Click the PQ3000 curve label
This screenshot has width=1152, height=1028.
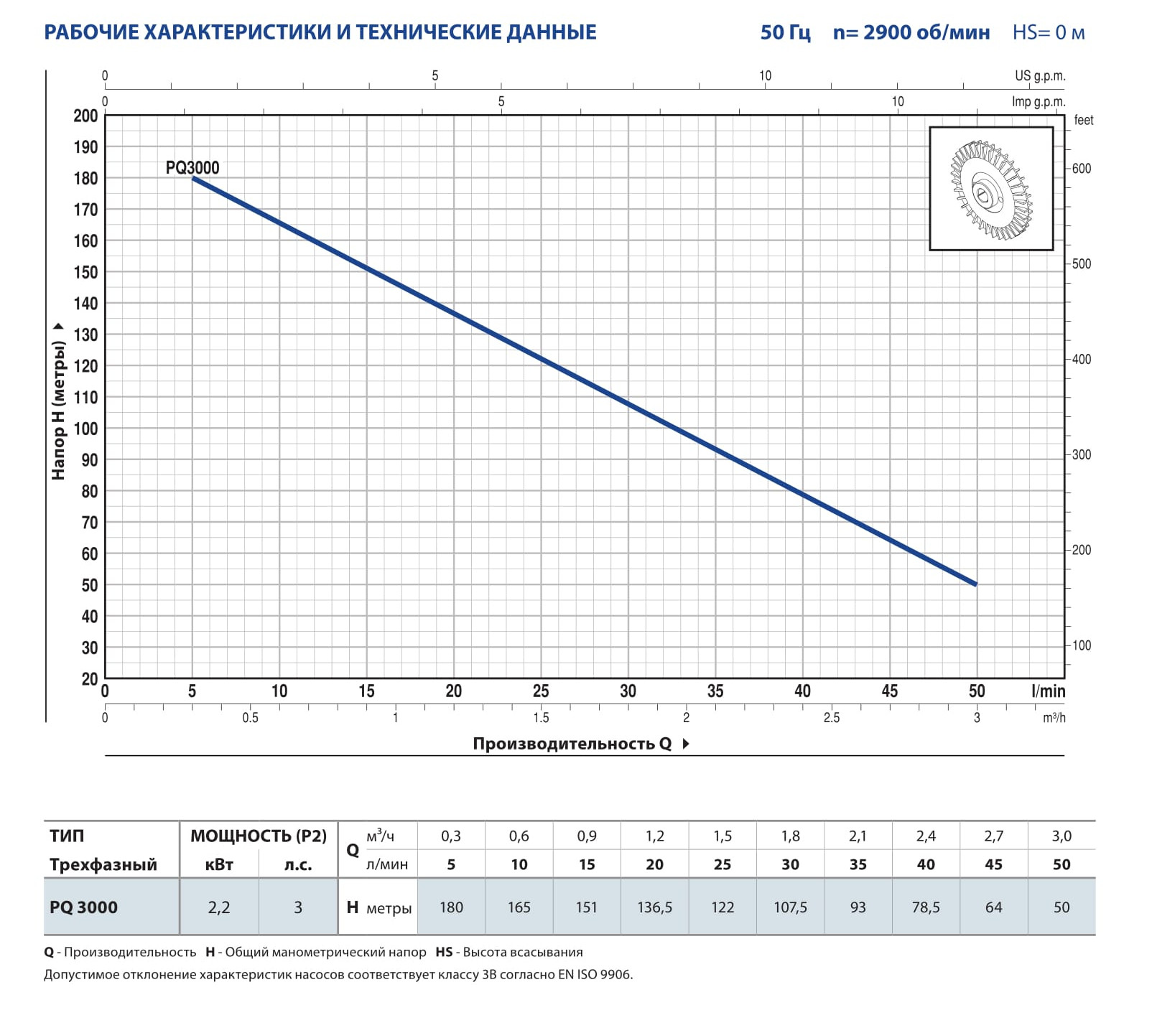pyautogui.click(x=192, y=168)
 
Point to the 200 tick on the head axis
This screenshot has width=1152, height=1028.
pyautogui.click(x=85, y=116)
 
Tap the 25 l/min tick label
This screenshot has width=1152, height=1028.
pyautogui.click(x=541, y=691)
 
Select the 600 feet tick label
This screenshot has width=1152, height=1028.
pyautogui.click(x=1081, y=169)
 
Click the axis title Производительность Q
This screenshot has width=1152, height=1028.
pyautogui.click(x=572, y=744)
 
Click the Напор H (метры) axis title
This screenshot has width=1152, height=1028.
pyautogui.click(x=58, y=409)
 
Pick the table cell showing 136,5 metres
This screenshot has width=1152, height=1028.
pyautogui.click(x=654, y=907)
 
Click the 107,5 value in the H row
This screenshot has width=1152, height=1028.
pyautogui.click(x=790, y=907)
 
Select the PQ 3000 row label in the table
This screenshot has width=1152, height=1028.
pyautogui.click(x=83, y=907)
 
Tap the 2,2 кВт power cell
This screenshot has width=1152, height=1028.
pyautogui.click(x=218, y=907)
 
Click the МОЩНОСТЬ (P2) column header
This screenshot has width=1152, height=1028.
pyautogui.click(x=258, y=836)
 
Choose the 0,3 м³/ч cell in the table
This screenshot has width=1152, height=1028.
pyautogui.click(x=451, y=836)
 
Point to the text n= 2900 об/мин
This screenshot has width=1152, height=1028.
pyautogui.click(x=911, y=32)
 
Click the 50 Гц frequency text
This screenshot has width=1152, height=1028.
pyautogui.click(x=785, y=32)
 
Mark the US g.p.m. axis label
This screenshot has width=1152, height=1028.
pyautogui.click(x=1039, y=76)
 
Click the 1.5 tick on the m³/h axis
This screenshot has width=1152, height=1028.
pyautogui.click(x=541, y=718)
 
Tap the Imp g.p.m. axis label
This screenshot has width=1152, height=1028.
pyautogui.click(x=1038, y=102)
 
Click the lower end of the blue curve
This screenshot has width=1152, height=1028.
pyautogui.click(x=975, y=584)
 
